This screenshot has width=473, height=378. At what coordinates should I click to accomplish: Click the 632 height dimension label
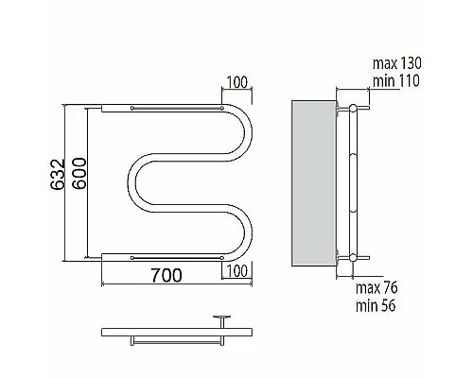[x=58, y=174]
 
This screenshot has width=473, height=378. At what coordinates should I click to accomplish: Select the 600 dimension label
[x=79, y=173]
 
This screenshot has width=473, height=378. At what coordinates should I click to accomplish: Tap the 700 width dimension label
[x=166, y=275]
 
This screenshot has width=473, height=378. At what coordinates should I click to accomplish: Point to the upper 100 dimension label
[x=237, y=82]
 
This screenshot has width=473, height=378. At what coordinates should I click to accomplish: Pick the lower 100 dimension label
[x=237, y=271]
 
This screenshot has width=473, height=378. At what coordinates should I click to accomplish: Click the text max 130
[x=397, y=63]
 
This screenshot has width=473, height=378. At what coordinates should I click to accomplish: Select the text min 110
[x=396, y=81]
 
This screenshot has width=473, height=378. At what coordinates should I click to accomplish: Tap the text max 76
[x=377, y=288]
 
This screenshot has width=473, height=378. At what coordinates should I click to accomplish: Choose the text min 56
[x=376, y=305]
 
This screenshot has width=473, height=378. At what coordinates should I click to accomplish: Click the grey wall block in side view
[x=314, y=183]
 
